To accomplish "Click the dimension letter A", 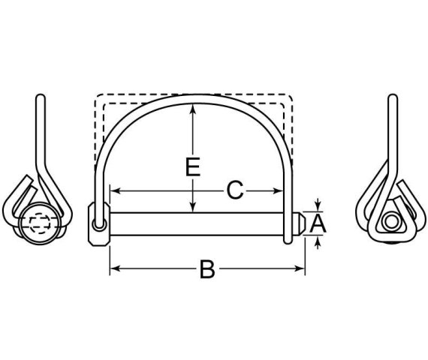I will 318,223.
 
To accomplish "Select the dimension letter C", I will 235,190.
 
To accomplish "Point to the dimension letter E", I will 194,166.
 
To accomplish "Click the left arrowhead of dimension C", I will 113,190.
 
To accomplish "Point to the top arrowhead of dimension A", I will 318,206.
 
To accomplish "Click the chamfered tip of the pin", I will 300,223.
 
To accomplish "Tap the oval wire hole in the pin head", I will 98,223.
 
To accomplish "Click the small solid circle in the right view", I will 390,223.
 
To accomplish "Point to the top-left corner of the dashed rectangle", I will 95,95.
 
